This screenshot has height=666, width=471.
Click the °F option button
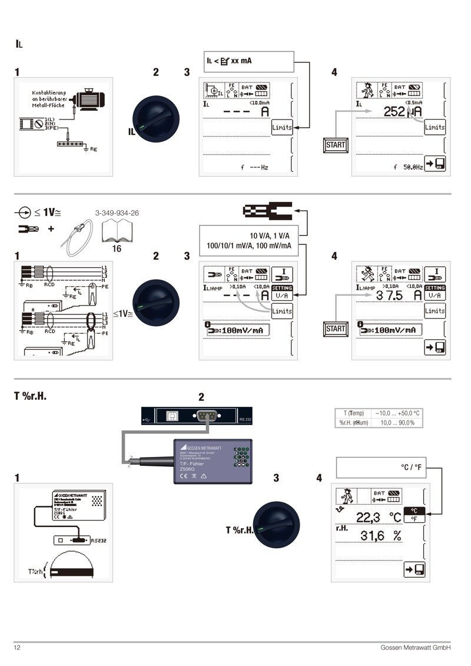coord(414,519)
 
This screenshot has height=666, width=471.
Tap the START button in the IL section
coord(336,145)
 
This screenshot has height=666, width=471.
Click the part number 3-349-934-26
coord(117,213)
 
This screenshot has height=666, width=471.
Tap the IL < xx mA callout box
coord(248,61)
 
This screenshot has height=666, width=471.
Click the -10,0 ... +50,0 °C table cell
coord(395,413)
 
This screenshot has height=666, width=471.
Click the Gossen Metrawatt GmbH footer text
coord(416,648)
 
